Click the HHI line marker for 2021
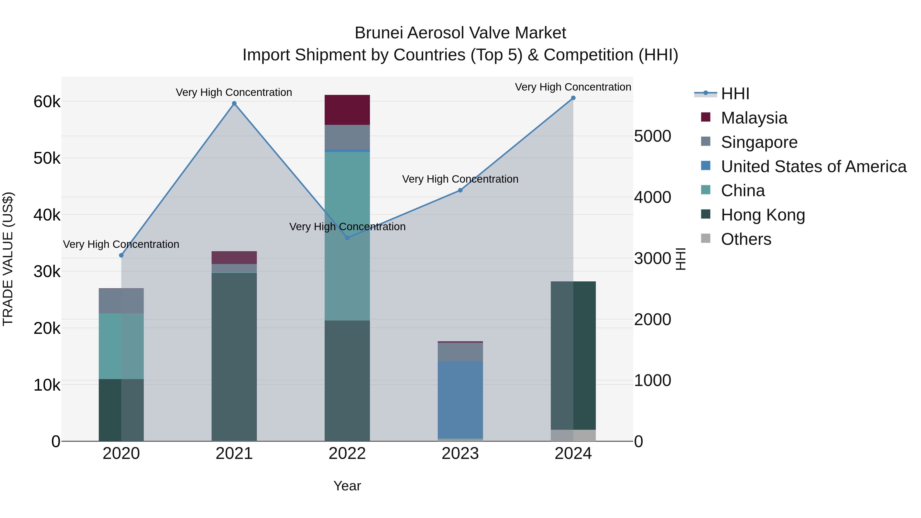pyautogui.click(x=234, y=104)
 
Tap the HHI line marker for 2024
pyautogui.click(x=573, y=98)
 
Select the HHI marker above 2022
pyautogui.click(x=347, y=238)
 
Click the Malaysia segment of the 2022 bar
pyautogui.click(x=347, y=110)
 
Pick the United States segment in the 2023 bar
pyautogui.click(x=460, y=399)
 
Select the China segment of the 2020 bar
pyautogui.click(x=121, y=346)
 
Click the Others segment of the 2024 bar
pyautogui.click(x=573, y=435)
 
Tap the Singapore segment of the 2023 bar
pyautogui.click(x=460, y=352)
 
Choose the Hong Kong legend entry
pyautogui.click(x=763, y=215)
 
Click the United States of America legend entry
pyautogui.click(x=813, y=167)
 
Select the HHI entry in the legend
pyautogui.click(x=735, y=94)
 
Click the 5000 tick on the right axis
pyautogui.click(x=652, y=136)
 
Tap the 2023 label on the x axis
pyautogui.click(x=460, y=454)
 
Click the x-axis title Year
pyautogui.click(x=347, y=486)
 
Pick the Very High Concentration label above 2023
pyautogui.click(x=460, y=179)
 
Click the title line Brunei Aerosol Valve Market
pyautogui.click(x=460, y=33)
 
